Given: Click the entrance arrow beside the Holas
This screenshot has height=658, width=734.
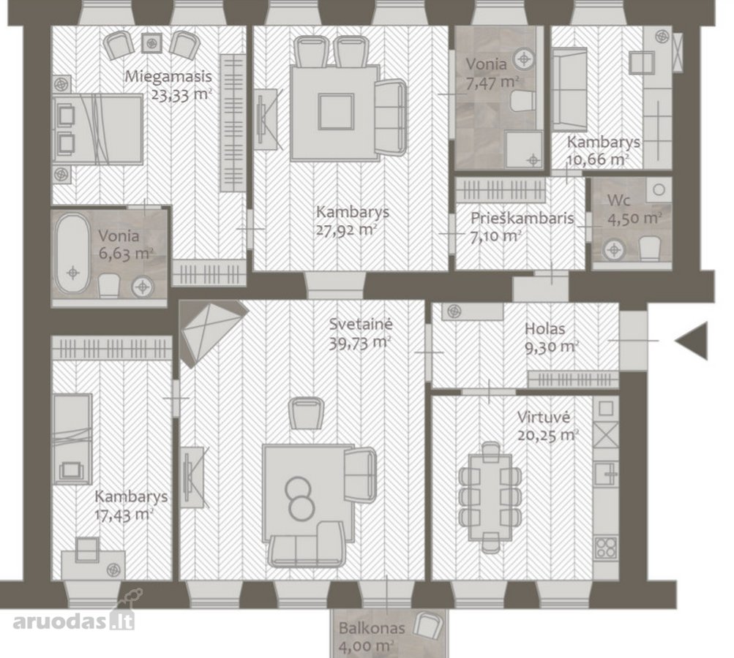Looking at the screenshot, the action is pyautogui.click(x=693, y=341).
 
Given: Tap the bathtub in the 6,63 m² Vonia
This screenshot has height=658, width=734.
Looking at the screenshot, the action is pyautogui.click(x=72, y=254).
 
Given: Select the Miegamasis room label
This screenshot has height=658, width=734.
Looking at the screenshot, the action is pyautogui.click(x=168, y=76).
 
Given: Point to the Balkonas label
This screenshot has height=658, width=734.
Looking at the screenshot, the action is pyautogui.click(x=372, y=627).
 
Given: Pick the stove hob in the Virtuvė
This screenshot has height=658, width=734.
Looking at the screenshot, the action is pyautogui.click(x=606, y=548).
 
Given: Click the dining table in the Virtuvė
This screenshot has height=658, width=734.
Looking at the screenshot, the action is pyautogui.click(x=490, y=497).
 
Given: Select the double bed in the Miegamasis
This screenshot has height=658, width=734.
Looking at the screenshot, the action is pyautogui.click(x=97, y=129).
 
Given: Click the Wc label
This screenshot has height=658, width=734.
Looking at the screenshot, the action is pyautogui.click(x=618, y=200).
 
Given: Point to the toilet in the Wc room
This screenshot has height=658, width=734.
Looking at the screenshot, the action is pyautogui.click(x=649, y=249).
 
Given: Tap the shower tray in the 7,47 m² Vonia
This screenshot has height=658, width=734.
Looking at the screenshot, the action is pyautogui.click(x=524, y=150).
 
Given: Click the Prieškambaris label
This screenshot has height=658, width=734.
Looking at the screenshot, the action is pyautogui.click(x=522, y=218).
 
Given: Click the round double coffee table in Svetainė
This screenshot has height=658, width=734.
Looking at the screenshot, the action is pyautogui.click(x=299, y=499).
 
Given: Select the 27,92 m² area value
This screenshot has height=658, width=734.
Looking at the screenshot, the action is pyautogui.click(x=347, y=230).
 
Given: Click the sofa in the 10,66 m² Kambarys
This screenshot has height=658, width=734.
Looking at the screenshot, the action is pyautogui.click(x=569, y=89).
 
